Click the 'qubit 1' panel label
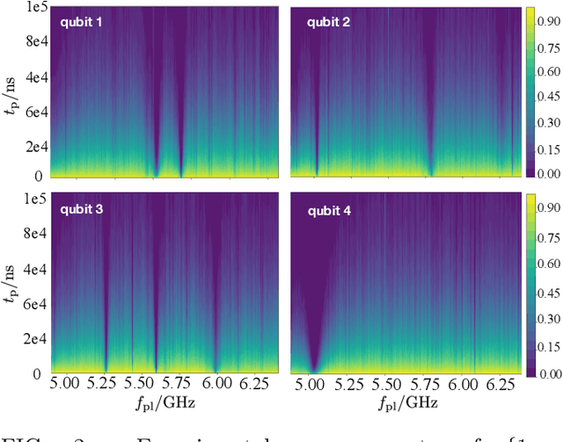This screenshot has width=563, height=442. [80, 22]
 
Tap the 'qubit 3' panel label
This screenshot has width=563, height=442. [80, 210]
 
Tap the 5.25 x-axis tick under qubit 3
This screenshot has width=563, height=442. [104, 384]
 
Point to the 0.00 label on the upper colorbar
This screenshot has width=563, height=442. [550, 174]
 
